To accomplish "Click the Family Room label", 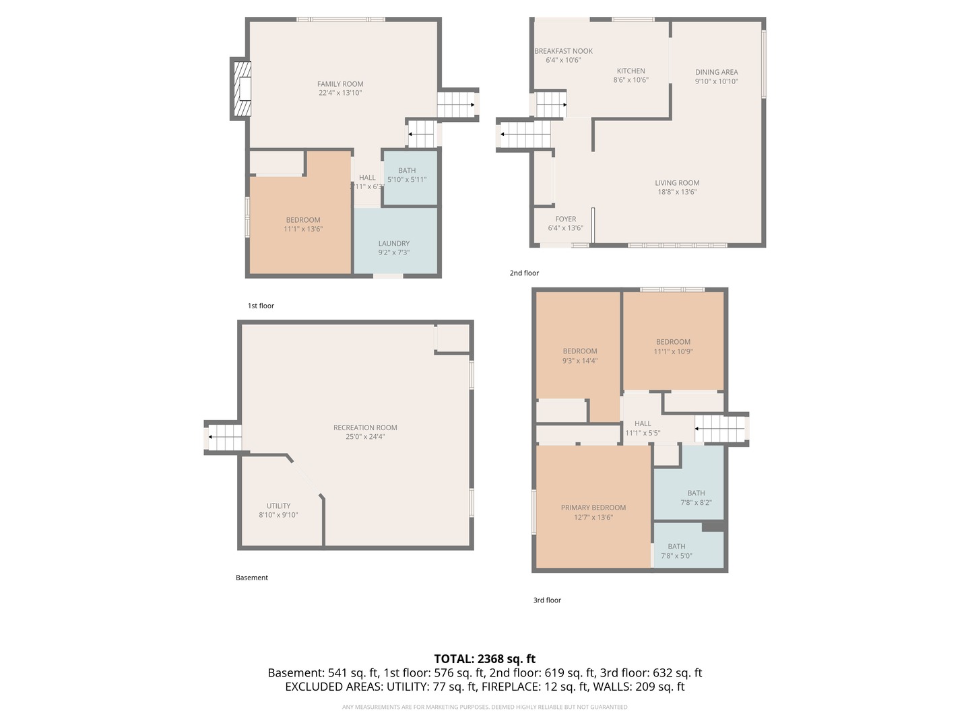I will pyautogui.click(x=340, y=84).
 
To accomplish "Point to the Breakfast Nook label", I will pyautogui.click(x=563, y=51).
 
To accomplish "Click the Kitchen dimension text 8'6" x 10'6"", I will pyautogui.click(x=630, y=80).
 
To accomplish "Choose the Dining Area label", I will pyautogui.click(x=716, y=72).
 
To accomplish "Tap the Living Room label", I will pyautogui.click(x=677, y=183).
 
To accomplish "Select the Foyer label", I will pyautogui.click(x=565, y=219).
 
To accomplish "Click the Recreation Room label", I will pyautogui.click(x=365, y=427).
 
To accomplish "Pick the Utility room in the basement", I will pyautogui.click(x=279, y=510).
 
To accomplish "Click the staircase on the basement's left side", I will pyautogui.click(x=224, y=438).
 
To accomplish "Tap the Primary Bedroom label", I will pyautogui.click(x=593, y=508).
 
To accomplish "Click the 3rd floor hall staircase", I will pyautogui.click(x=721, y=429).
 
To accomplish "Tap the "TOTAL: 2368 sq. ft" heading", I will pyautogui.click(x=484, y=659).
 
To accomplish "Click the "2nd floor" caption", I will pyautogui.click(x=524, y=273).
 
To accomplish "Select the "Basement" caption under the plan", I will pyautogui.click(x=252, y=578).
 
